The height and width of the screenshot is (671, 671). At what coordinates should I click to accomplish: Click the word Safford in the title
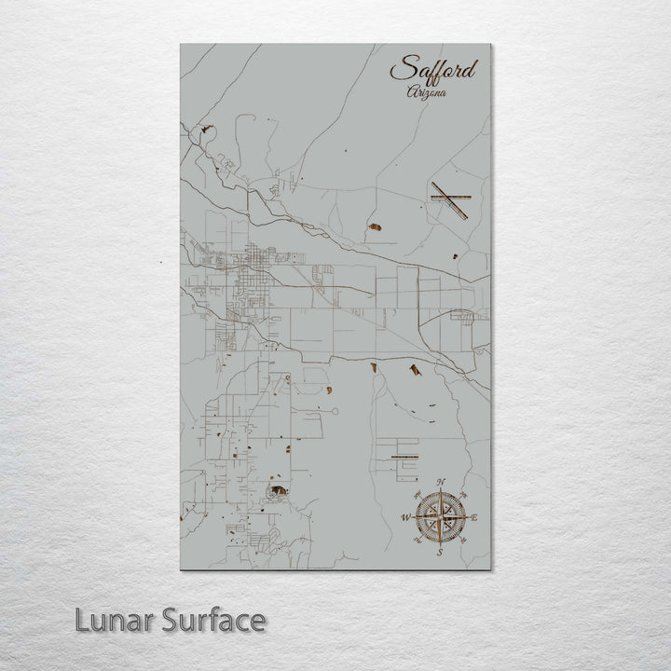point(432,70)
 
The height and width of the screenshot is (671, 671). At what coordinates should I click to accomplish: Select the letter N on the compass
point(442,482)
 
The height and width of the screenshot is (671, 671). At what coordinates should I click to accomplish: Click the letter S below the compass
point(440,553)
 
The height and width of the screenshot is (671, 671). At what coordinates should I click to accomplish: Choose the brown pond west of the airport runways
point(376,226)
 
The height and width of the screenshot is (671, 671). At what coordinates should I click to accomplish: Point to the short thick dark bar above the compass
point(404,457)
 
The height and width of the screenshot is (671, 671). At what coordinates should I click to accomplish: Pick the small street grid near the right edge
point(463,315)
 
